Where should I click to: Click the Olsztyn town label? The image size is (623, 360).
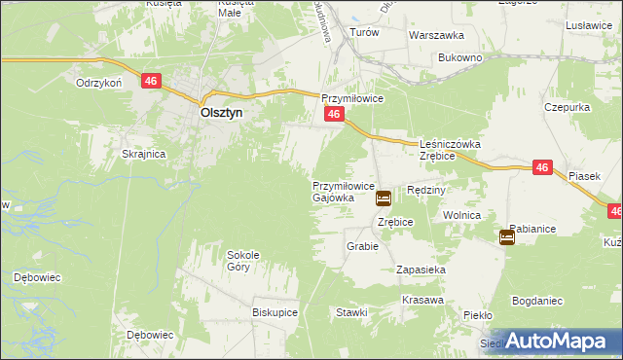click(221, 112)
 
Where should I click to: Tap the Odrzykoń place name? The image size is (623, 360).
click(98, 84)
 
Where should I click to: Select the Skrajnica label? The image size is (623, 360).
click(143, 155)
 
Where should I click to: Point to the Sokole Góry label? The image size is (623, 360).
click(243, 261)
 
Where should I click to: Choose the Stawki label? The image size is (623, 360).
click(351, 313)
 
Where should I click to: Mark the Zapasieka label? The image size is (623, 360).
click(421, 269)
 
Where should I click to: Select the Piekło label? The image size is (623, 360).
click(478, 316)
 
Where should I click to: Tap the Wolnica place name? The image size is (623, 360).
click(462, 214)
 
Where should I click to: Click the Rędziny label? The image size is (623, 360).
click(425, 191)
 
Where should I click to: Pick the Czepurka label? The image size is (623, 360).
click(568, 106)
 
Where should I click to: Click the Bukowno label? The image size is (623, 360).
click(460, 58)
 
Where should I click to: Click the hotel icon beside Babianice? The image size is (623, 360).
click(507, 236)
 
